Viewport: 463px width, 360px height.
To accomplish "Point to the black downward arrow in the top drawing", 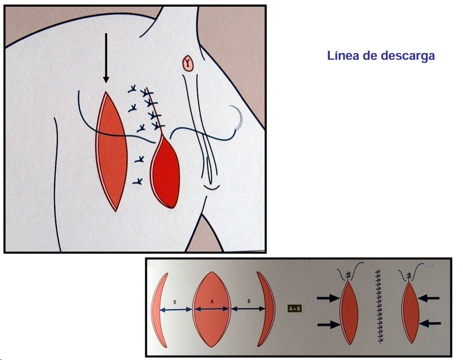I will (x=106, y=58).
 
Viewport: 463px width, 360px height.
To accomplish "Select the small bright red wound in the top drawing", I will (x=165, y=171).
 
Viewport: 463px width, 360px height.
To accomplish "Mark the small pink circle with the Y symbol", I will (x=190, y=64).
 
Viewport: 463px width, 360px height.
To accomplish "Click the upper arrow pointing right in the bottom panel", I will (x=328, y=299).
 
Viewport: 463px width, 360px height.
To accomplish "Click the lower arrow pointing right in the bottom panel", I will (x=328, y=325).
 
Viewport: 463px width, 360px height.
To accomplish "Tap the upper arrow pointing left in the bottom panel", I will (x=429, y=299).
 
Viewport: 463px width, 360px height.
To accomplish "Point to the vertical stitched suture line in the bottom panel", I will (x=380, y=307).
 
